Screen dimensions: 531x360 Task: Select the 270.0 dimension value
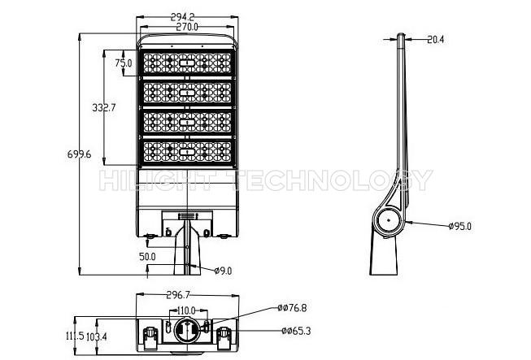pos(187,27)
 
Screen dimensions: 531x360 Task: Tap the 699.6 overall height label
pos(79,154)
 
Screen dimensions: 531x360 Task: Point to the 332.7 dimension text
pos(104,107)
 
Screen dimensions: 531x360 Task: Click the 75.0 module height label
pos(124,63)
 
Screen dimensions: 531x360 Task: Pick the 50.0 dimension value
pos(147,257)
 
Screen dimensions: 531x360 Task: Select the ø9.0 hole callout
pos(223,271)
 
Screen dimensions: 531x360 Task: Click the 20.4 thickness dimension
pos(435,40)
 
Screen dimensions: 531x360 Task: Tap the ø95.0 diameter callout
pos(459,227)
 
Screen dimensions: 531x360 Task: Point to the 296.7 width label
pos(178,295)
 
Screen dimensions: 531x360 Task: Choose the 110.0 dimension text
pos(186,310)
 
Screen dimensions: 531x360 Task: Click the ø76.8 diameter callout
pos(292,308)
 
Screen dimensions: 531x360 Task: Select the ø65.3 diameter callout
pos(296,331)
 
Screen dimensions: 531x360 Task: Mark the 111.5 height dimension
pos(75,336)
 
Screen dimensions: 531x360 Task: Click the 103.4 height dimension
pos(97,336)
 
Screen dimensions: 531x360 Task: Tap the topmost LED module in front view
pos(187,63)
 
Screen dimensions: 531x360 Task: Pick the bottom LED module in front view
pos(187,152)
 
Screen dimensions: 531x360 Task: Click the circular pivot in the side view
pos(389,220)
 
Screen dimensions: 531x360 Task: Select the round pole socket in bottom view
pos(186,332)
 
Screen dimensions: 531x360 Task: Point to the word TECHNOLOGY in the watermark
pos(333,180)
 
